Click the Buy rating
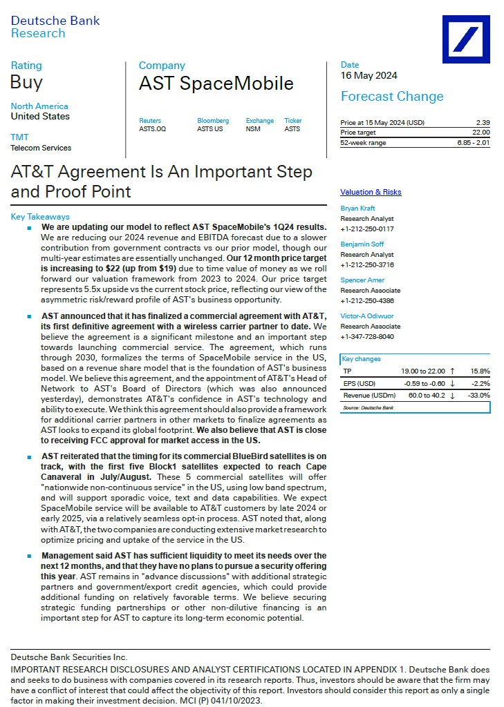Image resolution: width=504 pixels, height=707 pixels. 26,82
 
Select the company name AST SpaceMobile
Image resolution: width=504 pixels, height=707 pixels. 216,84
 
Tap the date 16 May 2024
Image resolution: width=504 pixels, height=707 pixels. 368,76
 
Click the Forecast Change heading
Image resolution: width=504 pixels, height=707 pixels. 392,97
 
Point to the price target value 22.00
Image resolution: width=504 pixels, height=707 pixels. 480,133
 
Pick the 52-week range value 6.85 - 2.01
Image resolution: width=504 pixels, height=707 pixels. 473,143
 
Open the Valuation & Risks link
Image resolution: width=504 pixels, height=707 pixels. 371,193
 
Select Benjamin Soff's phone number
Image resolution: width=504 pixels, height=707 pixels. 366,264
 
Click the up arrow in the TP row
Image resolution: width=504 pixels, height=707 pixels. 451,371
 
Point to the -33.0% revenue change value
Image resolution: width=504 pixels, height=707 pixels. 478,395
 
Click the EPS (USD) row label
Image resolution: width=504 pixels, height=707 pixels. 360,383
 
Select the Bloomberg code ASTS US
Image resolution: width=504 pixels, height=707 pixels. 210,128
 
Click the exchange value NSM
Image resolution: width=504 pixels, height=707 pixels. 253,128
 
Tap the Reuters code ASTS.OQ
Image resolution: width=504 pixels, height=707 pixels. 152,128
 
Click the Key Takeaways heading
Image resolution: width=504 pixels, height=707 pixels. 40,217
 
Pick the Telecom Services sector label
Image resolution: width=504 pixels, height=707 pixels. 41,148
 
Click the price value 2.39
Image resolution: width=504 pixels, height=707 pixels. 483,123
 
